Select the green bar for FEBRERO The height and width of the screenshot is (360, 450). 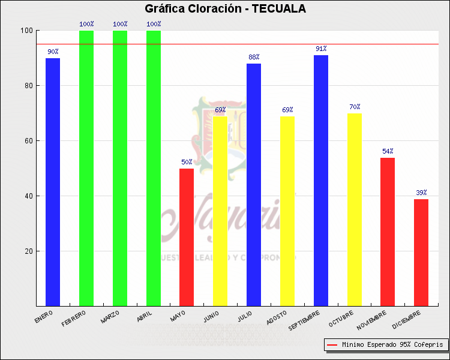click(x=86, y=168)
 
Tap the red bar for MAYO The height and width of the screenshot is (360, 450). click(x=187, y=237)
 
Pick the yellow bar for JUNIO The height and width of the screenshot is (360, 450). click(x=220, y=211)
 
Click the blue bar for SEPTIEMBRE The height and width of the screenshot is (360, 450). click(x=321, y=180)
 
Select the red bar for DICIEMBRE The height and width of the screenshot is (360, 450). click(x=421, y=252)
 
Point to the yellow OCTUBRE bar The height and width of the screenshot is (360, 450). click(x=355, y=209)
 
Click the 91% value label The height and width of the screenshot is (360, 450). click(x=321, y=49)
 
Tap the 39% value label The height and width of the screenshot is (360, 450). click(x=421, y=193)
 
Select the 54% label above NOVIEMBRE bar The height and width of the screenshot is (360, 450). click(x=388, y=151)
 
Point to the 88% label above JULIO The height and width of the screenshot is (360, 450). click(x=254, y=57)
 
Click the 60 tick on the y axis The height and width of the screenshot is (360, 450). click(x=28, y=141)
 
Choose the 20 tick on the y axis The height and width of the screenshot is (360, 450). click(x=28, y=251)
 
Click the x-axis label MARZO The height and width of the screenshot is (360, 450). click(x=110, y=316)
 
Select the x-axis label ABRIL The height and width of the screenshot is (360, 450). click(x=145, y=316)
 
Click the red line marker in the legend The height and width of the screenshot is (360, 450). click(x=332, y=345)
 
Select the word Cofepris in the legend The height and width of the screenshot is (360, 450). click(x=428, y=345)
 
